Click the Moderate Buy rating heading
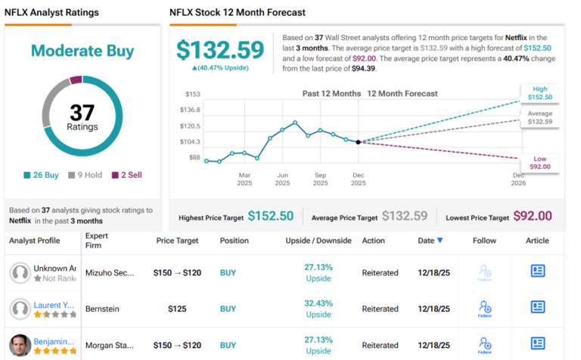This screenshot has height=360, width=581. (82, 51)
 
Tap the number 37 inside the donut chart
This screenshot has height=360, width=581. (82, 113)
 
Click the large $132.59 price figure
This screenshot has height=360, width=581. (223, 49)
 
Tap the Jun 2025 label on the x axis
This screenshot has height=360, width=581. (282, 178)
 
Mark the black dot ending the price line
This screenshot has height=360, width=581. (358, 141)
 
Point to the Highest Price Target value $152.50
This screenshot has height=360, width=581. (270, 216)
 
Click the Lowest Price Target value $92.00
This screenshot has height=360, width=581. (532, 216)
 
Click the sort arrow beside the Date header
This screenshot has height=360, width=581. (440, 241)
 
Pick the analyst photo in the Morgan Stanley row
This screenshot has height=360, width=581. (21, 345)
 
